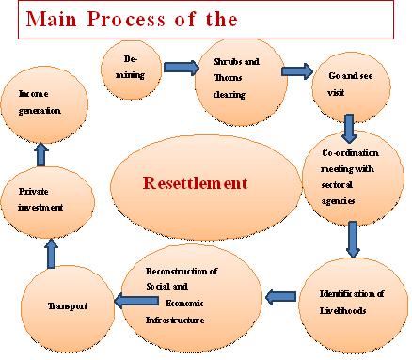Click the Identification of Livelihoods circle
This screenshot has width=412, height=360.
(349, 302)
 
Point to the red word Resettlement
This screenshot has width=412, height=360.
(194, 182)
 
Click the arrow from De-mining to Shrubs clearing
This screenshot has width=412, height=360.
(179, 68)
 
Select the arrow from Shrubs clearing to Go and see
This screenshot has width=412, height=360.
(296, 71)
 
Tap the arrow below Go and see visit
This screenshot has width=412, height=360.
(349, 128)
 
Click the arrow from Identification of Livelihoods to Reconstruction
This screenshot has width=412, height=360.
(280, 297)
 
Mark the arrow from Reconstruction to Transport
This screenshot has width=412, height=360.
(135, 301)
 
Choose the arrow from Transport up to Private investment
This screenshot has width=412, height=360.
(52, 252)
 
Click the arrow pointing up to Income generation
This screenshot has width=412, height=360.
(41, 153)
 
